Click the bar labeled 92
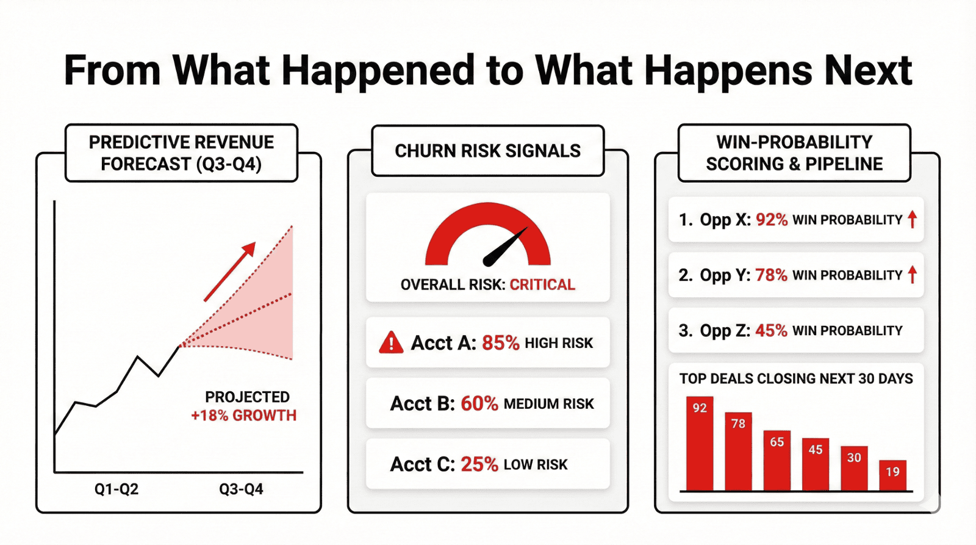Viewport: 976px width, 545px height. tap(700, 444)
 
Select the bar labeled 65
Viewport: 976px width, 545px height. tap(777, 460)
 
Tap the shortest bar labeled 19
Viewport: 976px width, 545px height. tap(892, 475)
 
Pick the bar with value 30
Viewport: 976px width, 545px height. tap(854, 468)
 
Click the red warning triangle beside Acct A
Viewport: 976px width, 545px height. tap(391, 343)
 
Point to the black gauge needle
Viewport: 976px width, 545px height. tap(504, 248)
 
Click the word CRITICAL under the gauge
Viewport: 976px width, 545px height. tap(542, 285)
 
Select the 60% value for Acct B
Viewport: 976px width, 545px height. tap(479, 403)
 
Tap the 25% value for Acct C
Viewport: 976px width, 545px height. tap(479, 464)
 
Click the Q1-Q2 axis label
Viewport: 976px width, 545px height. tap(117, 489)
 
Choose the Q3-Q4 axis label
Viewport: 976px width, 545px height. tap(241, 489)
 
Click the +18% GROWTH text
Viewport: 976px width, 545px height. tap(243, 416)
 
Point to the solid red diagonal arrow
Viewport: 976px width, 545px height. tap(229, 272)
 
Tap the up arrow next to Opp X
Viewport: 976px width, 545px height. tap(912, 219)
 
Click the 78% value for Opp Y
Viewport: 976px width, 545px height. tap(771, 275)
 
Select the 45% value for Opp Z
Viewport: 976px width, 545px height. tap(771, 331)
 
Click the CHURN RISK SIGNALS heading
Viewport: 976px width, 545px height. tap(487, 151)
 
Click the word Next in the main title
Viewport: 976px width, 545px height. tap(867, 71)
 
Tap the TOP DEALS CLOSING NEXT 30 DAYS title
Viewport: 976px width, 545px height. tap(796, 379)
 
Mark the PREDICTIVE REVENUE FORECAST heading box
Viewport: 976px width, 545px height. tap(181, 153)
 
